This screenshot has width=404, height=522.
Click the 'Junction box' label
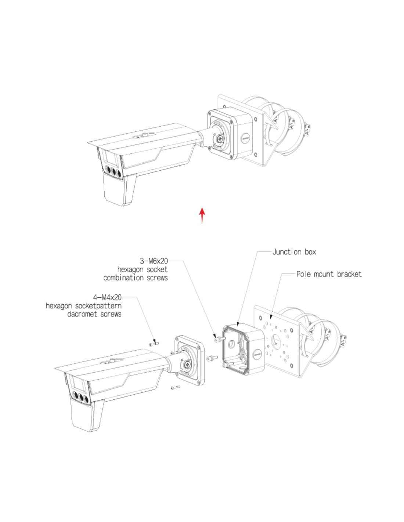point(294,252)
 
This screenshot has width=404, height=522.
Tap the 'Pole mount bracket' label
point(329,274)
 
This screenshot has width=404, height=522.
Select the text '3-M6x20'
point(154,261)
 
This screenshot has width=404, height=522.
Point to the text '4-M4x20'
point(108,297)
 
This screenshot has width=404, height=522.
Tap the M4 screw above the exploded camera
point(154,345)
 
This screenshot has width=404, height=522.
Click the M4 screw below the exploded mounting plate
point(176,388)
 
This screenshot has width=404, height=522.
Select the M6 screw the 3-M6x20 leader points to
point(219,340)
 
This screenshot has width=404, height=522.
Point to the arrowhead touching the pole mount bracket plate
point(271,317)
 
